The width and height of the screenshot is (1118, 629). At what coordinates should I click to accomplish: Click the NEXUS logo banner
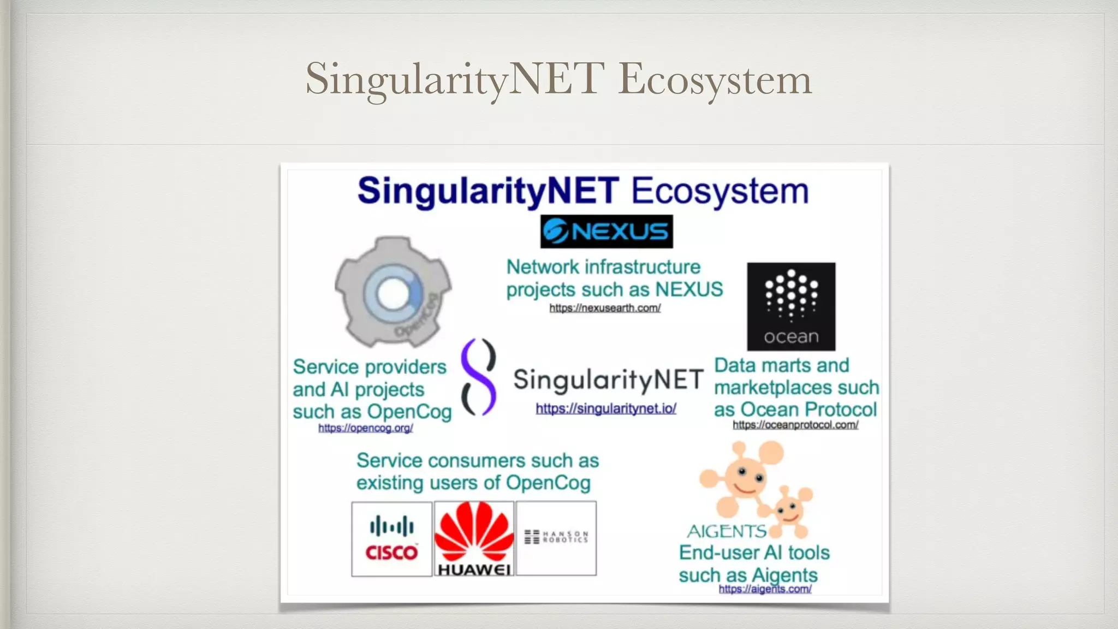click(606, 232)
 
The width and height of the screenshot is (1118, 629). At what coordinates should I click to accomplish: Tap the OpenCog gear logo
click(393, 292)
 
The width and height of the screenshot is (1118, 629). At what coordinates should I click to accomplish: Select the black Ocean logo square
click(791, 306)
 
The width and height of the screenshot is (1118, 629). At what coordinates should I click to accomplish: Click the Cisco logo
click(391, 539)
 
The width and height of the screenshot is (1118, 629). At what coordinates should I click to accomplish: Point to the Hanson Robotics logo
click(556, 537)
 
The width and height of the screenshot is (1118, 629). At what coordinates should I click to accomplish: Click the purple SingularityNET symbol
click(478, 377)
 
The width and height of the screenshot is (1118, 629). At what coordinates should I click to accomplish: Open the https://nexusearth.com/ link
click(605, 308)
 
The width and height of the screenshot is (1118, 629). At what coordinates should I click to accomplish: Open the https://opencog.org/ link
click(365, 428)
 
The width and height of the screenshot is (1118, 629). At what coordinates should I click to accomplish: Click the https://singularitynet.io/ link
click(606, 408)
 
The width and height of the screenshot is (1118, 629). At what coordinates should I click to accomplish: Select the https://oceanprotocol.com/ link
click(795, 425)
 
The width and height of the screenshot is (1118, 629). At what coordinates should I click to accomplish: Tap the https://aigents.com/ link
click(765, 589)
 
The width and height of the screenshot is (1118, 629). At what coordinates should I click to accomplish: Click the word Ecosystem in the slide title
click(715, 79)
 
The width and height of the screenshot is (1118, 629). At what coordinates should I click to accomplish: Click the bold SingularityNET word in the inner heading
click(488, 191)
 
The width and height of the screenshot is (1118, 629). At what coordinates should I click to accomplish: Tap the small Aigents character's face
click(787, 511)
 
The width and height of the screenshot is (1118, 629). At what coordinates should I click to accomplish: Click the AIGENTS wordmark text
click(727, 531)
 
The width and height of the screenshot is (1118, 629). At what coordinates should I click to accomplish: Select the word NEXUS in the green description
click(689, 289)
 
